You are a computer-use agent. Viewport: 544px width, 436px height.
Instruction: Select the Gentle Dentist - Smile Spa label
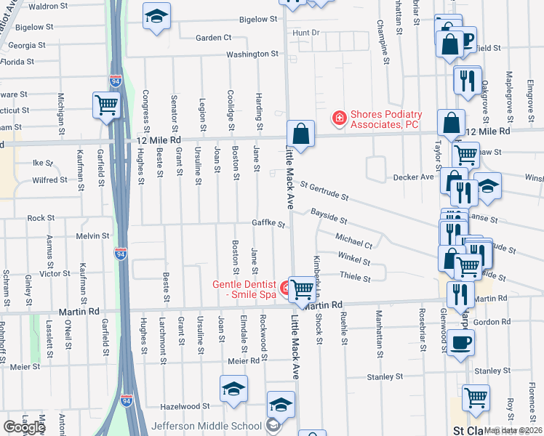coord(244,288)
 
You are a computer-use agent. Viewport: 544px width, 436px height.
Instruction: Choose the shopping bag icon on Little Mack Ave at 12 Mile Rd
coord(300,134)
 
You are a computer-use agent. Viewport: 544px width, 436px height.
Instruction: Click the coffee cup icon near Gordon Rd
coord(459,342)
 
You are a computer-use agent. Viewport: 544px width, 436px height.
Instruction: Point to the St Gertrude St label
coord(324,192)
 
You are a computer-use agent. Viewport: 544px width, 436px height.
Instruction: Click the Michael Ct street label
coord(354,240)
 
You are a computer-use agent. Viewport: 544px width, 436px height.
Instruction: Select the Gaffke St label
coord(268,223)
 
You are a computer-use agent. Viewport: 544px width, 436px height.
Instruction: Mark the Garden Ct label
coord(213,37)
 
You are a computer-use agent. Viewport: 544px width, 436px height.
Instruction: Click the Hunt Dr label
coord(305,33)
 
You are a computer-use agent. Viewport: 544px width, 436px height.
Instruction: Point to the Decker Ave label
coord(413,177)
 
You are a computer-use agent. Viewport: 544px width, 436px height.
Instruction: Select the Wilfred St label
coord(50,179)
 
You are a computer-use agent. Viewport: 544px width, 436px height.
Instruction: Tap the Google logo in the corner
coord(24,427)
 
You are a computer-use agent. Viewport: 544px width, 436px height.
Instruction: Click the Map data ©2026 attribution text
coord(513,430)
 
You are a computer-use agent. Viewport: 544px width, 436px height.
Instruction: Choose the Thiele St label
coord(356,278)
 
